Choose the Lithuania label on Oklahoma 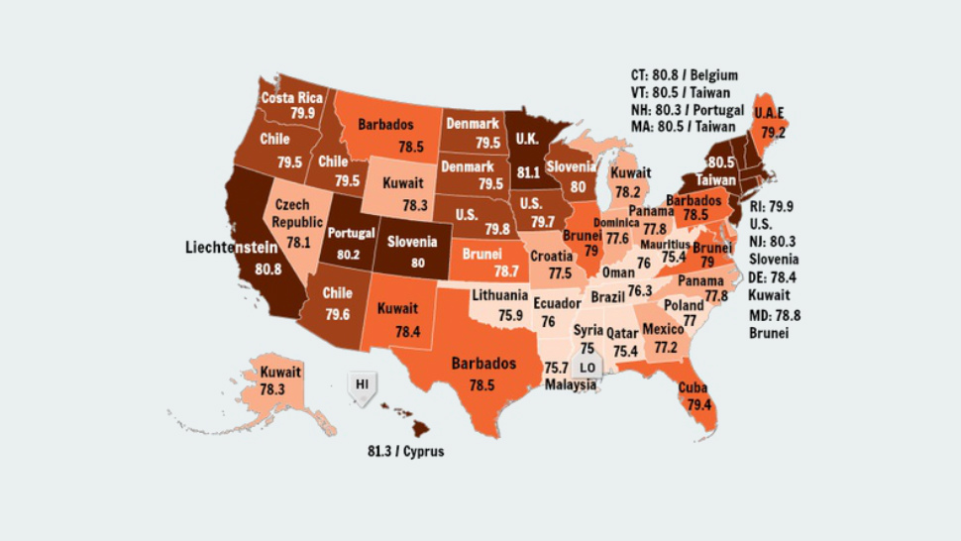(499, 295)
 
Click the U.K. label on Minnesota (528, 141)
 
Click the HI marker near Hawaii (363, 382)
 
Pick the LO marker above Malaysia (587, 368)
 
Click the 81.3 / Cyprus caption (405, 452)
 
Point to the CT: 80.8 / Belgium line (684, 75)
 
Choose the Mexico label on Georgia (663, 329)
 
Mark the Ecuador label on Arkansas (557, 304)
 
